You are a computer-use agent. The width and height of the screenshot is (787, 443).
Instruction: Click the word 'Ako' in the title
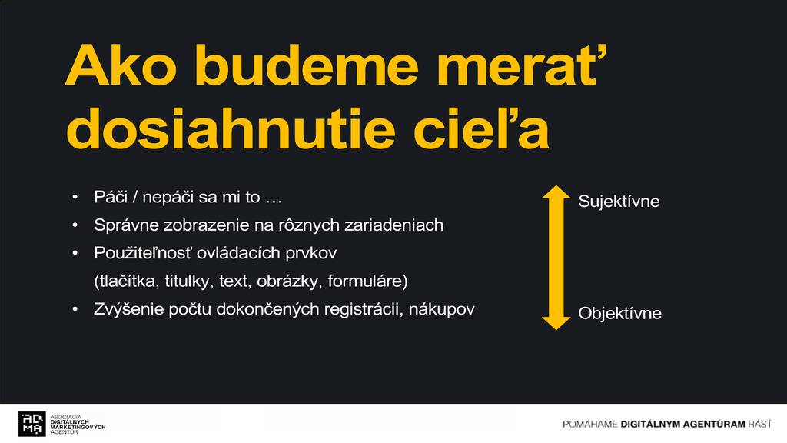(x=121, y=66)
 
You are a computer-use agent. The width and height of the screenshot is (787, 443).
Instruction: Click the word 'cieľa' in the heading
(x=481, y=128)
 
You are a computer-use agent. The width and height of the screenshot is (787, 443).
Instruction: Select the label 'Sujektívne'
(x=619, y=202)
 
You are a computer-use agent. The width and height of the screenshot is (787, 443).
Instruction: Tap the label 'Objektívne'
(x=620, y=314)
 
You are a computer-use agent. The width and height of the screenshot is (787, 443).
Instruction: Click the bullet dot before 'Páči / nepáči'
(x=75, y=198)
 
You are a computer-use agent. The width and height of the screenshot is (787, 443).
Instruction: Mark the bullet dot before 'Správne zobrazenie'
(x=75, y=225)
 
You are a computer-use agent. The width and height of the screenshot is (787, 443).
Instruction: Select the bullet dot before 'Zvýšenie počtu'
(x=75, y=309)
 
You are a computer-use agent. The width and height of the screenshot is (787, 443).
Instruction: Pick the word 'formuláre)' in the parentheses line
(x=368, y=281)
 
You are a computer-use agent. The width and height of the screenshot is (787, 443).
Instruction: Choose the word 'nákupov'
(x=442, y=309)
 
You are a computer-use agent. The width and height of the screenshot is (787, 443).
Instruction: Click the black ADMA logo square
(x=32, y=424)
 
